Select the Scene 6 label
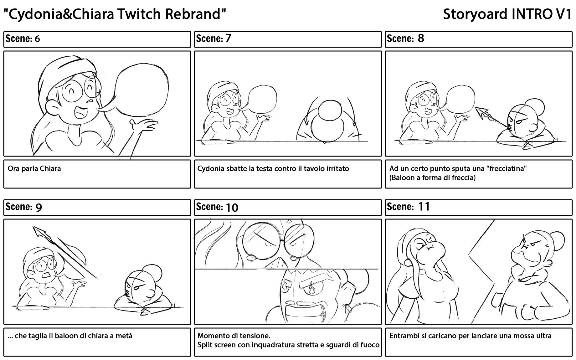point(23,39)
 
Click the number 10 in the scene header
point(232,207)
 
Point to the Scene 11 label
point(408,207)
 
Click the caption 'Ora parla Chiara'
point(34,169)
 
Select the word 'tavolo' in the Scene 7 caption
point(305,169)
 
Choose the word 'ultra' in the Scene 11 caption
point(543,336)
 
